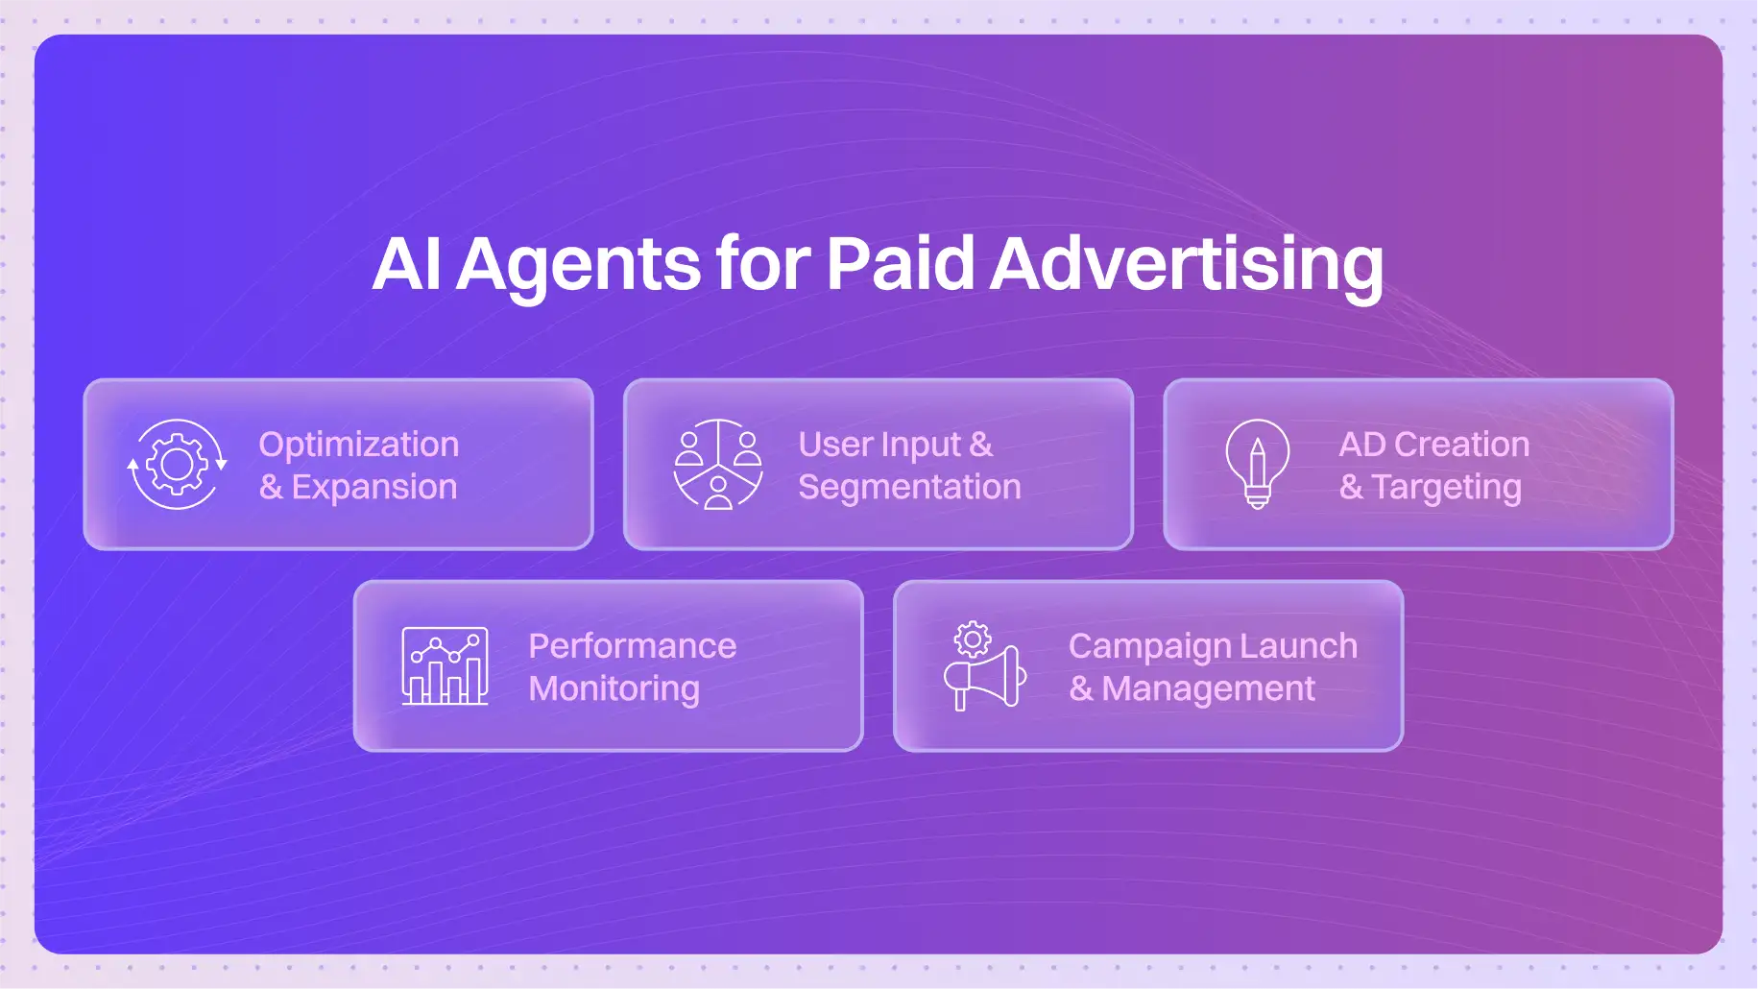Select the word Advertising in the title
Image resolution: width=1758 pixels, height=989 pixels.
pos(1187,265)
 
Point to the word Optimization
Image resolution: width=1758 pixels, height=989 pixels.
pos(359,446)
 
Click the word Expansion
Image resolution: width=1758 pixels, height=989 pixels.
pos(374,488)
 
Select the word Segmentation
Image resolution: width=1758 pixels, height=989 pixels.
pos(909,488)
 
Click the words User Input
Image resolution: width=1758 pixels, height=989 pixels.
pos(879,445)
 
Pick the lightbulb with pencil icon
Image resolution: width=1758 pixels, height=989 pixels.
pos(1258,464)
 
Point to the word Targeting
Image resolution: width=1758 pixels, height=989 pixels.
pos(1446,488)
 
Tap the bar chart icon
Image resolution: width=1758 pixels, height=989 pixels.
pos(445,665)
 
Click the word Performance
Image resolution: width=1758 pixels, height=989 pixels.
pos(633,646)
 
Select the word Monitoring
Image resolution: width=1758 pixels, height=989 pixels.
pos(614,689)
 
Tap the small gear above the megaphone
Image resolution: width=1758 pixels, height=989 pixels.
pos(973,639)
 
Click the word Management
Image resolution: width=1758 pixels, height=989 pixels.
pos(1208,689)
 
